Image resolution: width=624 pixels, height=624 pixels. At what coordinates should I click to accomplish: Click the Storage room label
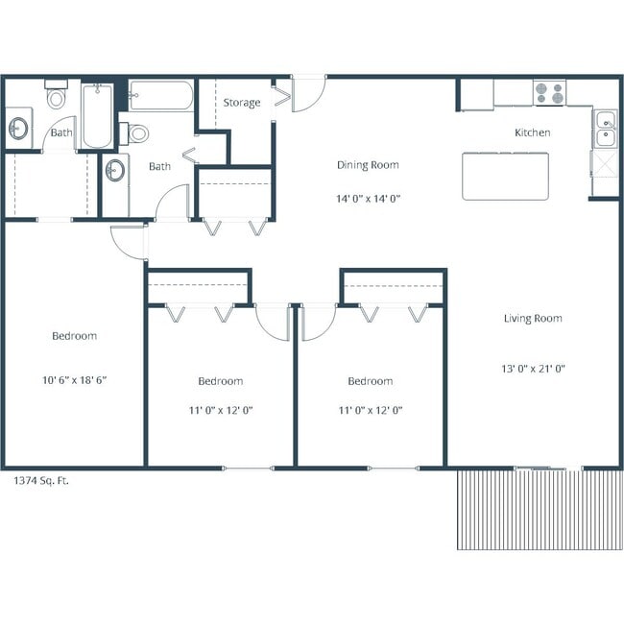(241, 103)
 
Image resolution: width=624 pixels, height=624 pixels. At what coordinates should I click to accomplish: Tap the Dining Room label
(367, 165)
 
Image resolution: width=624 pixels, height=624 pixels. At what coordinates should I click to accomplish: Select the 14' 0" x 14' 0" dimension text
(367, 200)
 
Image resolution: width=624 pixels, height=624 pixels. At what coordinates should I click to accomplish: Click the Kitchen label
(532, 132)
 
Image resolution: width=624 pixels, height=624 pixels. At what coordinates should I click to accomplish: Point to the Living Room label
(533, 319)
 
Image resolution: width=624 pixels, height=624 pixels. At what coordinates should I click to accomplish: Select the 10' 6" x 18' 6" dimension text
(74, 379)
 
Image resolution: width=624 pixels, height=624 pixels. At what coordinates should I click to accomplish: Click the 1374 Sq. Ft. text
(40, 479)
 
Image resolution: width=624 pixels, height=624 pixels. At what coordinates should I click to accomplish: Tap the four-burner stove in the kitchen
(549, 93)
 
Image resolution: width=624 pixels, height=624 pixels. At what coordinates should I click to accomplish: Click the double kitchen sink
(605, 129)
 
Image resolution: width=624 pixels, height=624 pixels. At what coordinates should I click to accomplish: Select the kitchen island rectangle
(505, 175)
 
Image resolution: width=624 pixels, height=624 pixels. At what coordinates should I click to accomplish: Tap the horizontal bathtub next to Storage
(160, 96)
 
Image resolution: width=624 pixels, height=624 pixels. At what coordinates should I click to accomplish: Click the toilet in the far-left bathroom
(57, 97)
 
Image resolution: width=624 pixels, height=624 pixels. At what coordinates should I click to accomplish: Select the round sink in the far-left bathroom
(18, 129)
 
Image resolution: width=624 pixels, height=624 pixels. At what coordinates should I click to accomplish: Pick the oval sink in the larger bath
(115, 172)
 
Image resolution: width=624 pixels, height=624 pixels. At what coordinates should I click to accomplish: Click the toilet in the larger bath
(136, 133)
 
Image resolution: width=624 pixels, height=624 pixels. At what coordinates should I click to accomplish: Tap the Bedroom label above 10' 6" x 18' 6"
(74, 336)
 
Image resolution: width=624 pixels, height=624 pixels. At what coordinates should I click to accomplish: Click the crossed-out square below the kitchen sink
(605, 173)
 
